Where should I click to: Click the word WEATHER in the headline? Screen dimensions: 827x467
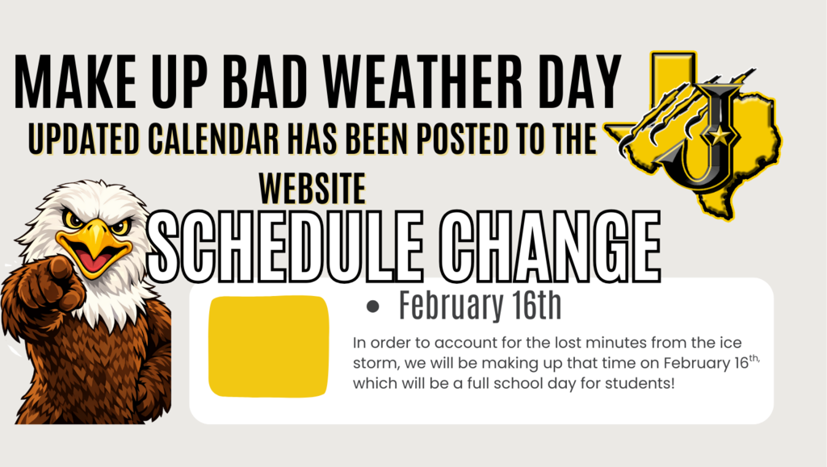422,81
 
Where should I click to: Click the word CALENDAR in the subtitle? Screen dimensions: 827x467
212,139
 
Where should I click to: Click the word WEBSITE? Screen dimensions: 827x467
313,189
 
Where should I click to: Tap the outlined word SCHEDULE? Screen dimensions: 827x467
285,246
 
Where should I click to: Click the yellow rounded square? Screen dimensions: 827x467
268,347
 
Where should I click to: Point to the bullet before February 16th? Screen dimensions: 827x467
373,306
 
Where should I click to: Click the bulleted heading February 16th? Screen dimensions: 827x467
480,305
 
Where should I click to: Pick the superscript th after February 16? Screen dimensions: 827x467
754,358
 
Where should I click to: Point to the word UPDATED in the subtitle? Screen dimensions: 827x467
84,139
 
